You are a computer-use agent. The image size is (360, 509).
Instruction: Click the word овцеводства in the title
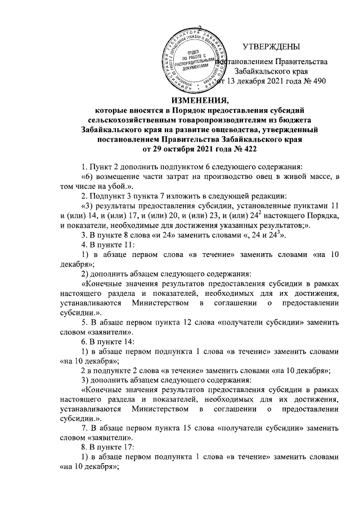point(223,130)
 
